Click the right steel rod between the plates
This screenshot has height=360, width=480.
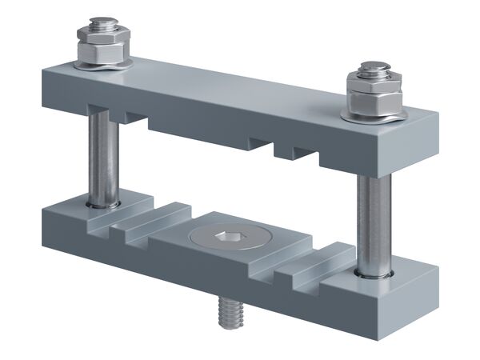coord(373,224)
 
